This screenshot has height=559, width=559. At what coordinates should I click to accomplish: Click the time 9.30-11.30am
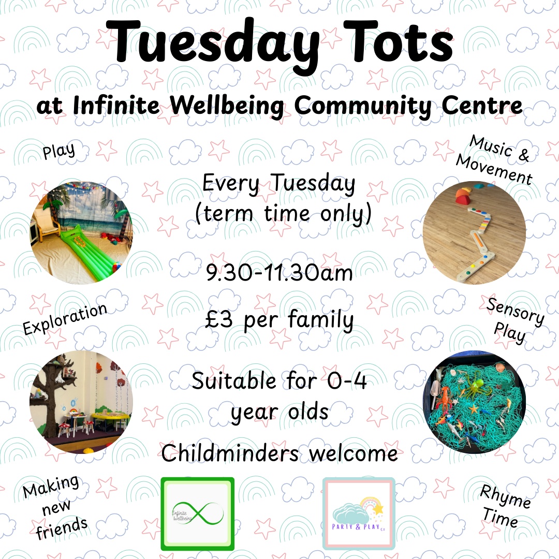[x=279, y=273]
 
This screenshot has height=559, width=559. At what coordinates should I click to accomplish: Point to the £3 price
[x=218, y=319]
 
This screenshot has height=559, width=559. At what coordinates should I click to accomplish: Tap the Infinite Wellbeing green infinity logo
[x=198, y=514]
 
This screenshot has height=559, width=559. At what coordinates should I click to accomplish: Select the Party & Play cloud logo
[x=359, y=514]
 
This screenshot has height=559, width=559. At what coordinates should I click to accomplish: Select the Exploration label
[x=65, y=319]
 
